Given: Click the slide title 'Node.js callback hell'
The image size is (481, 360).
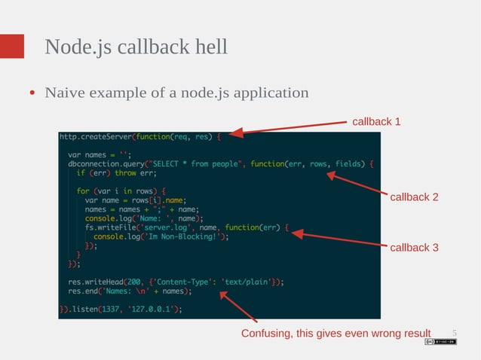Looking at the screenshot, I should pyautogui.click(x=136, y=47).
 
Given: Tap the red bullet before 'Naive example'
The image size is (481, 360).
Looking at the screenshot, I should pyautogui.click(x=33, y=94).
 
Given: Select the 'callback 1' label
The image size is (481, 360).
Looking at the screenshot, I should pyautogui.click(x=376, y=121).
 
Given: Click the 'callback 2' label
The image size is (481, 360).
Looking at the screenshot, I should pyautogui.click(x=414, y=197).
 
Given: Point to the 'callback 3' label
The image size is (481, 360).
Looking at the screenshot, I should pyautogui.click(x=414, y=247).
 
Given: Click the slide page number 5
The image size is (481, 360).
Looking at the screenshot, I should pyautogui.click(x=455, y=333).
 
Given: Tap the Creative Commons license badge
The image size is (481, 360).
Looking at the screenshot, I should pyautogui.click(x=440, y=342).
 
